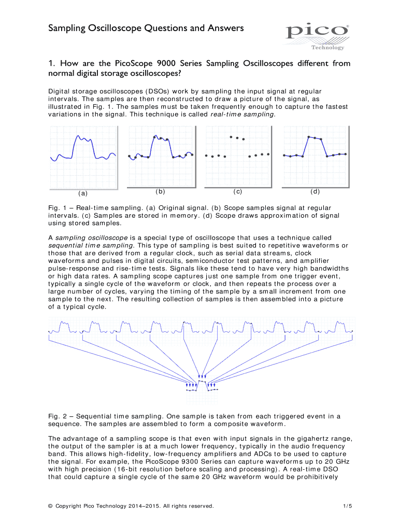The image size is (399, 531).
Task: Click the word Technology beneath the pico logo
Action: pos(327,47)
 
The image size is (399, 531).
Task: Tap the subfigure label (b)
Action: pos(160,191)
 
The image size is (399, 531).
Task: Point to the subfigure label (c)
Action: pos(238,191)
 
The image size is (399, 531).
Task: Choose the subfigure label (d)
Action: pos(315,191)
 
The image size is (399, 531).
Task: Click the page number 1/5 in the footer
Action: pos(347,506)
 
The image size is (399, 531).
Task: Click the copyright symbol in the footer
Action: pos(50,506)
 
